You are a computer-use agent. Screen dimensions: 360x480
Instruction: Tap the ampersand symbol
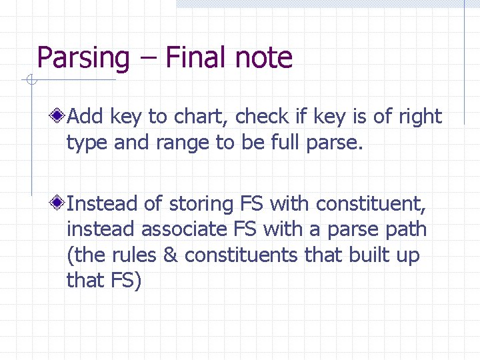tap(171, 255)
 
